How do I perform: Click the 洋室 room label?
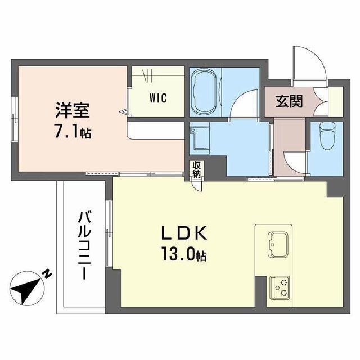coord(71,109)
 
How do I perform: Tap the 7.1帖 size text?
coord(74,133)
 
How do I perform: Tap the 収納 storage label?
coord(196,169)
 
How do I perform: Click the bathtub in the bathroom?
coord(204,92)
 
